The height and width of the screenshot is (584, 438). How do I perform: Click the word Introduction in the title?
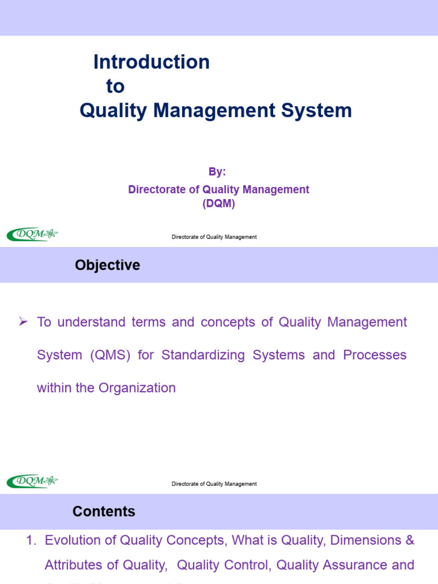tap(151, 62)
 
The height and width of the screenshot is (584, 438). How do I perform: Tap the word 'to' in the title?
tap(115, 87)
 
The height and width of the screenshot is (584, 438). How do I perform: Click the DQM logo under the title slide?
tap(33, 234)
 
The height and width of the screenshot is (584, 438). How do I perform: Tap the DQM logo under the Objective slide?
tap(33, 481)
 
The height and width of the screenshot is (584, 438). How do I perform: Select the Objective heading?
tap(107, 265)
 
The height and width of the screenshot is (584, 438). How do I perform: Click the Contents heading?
tap(104, 512)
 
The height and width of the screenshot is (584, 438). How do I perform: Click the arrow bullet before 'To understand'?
tap(23, 322)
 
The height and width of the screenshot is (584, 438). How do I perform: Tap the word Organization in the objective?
tap(137, 388)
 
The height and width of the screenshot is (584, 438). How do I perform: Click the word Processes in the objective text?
tap(375, 355)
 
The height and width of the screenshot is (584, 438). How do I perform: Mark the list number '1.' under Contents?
tap(31, 540)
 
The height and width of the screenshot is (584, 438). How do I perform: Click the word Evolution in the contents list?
tap(71, 540)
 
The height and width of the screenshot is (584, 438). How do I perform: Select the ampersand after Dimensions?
tap(409, 540)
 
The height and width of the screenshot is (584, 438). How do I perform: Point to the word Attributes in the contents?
tap(74, 565)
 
